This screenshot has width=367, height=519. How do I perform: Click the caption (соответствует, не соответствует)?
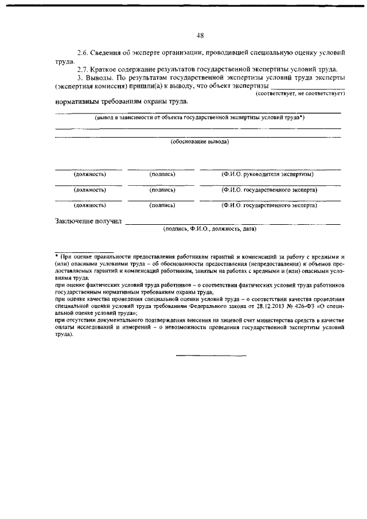[300, 92]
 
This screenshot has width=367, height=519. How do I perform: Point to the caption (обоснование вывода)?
[200, 141]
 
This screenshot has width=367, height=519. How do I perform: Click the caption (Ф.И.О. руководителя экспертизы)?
[268, 174]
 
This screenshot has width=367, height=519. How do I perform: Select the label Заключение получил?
[88, 222]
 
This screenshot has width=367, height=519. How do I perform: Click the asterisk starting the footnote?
[57, 256]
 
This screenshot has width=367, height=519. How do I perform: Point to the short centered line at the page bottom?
[210, 356]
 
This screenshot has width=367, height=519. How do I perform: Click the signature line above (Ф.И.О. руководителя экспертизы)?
[270, 169]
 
